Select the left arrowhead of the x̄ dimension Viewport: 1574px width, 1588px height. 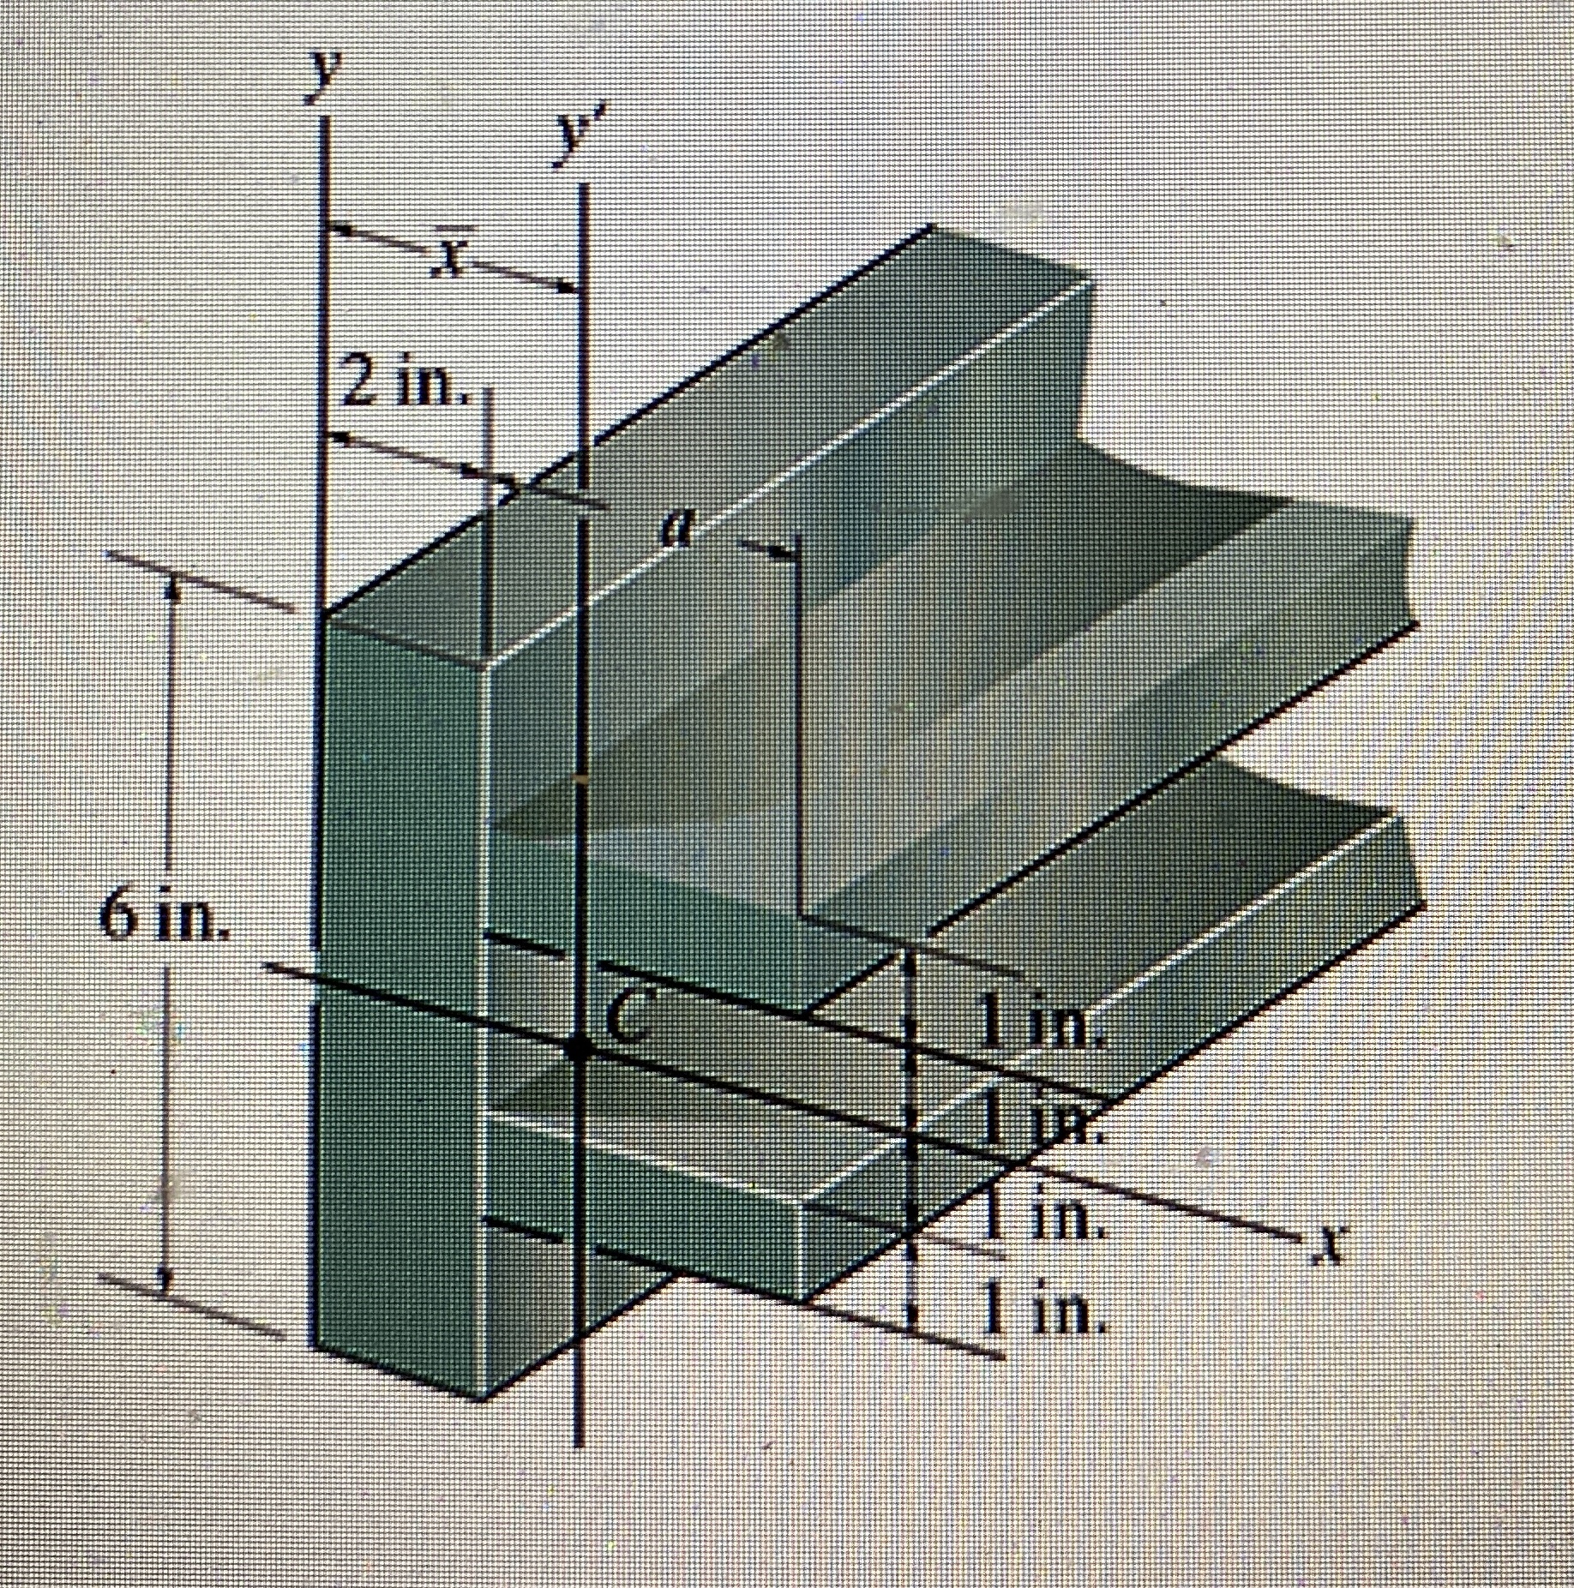pos(338,229)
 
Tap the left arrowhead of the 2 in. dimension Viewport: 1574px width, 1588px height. pos(338,439)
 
